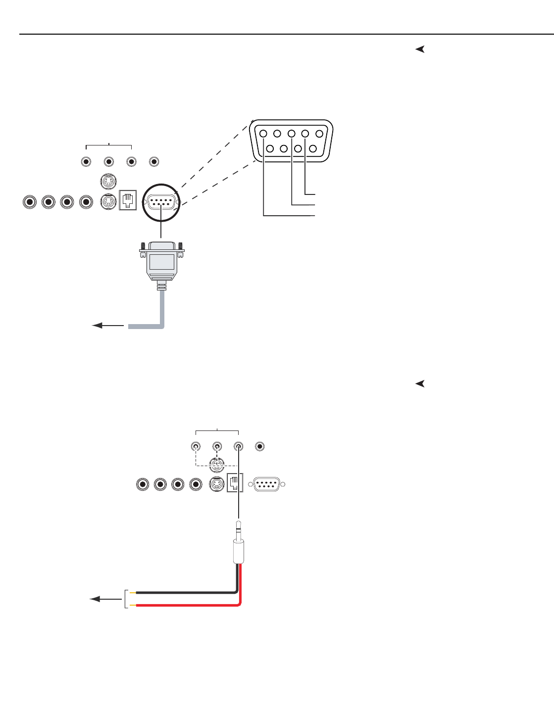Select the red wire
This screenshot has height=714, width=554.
click(x=188, y=605)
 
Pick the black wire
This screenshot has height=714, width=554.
click(x=188, y=592)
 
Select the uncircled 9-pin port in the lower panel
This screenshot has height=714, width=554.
click(x=267, y=484)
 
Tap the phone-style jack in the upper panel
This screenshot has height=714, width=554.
click(x=128, y=201)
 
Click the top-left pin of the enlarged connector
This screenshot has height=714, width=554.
click(x=263, y=134)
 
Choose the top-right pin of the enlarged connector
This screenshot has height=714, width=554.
click(x=319, y=134)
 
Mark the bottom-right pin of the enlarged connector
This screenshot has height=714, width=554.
click(x=312, y=148)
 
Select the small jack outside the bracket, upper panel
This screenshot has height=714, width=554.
click(x=154, y=162)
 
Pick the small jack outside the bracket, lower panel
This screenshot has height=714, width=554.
click(x=259, y=447)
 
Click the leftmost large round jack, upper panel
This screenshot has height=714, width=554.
click(x=30, y=202)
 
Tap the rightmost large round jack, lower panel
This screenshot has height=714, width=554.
click(x=196, y=484)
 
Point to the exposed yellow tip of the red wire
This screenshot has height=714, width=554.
click(x=133, y=605)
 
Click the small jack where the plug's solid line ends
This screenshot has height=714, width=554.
click(x=238, y=447)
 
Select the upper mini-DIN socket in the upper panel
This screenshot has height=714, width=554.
click(x=108, y=182)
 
